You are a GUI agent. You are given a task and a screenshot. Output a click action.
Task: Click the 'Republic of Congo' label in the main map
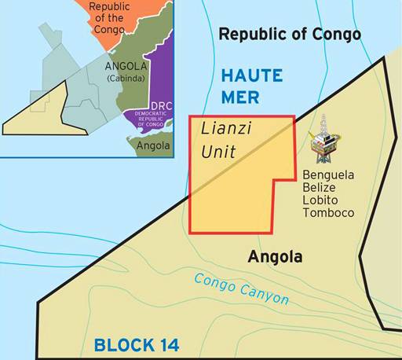(x=289, y=34)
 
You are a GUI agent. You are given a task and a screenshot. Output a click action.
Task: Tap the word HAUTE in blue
(x=252, y=76)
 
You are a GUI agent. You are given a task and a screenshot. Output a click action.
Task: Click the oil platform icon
(x=321, y=141)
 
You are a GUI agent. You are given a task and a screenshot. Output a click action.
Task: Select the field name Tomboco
(x=328, y=213)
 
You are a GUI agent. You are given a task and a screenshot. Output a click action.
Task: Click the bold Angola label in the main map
(x=275, y=257)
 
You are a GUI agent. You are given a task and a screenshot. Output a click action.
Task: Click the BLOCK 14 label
(x=137, y=344)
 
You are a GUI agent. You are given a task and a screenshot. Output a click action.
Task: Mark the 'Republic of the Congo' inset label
(x=110, y=17)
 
